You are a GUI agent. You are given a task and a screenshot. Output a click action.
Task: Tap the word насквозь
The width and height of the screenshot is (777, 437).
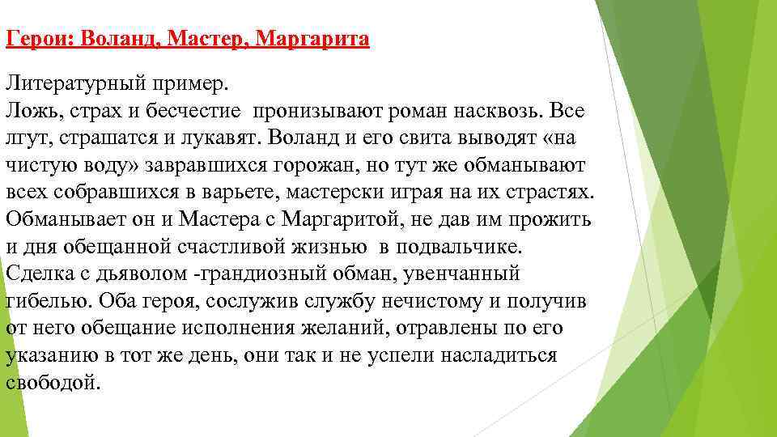(489, 109)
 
